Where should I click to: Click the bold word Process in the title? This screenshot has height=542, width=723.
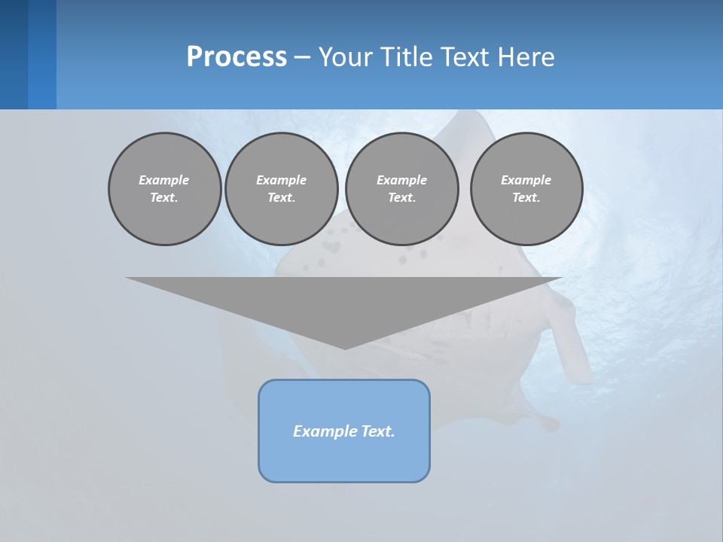tap(236, 57)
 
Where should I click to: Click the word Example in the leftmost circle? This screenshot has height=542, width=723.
tap(164, 180)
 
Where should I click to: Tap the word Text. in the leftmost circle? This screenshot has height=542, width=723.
tap(164, 197)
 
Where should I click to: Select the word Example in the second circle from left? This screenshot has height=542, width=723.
tap(281, 180)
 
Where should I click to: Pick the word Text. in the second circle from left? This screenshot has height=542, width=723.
tap(281, 197)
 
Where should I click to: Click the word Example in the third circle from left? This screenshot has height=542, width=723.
tap(401, 180)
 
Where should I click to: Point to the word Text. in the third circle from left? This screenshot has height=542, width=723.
tap(401, 197)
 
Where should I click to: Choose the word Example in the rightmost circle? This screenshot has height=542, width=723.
tap(526, 180)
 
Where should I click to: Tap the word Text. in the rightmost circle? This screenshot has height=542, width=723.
tap(526, 197)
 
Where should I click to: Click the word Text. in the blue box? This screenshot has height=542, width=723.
tap(378, 431)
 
